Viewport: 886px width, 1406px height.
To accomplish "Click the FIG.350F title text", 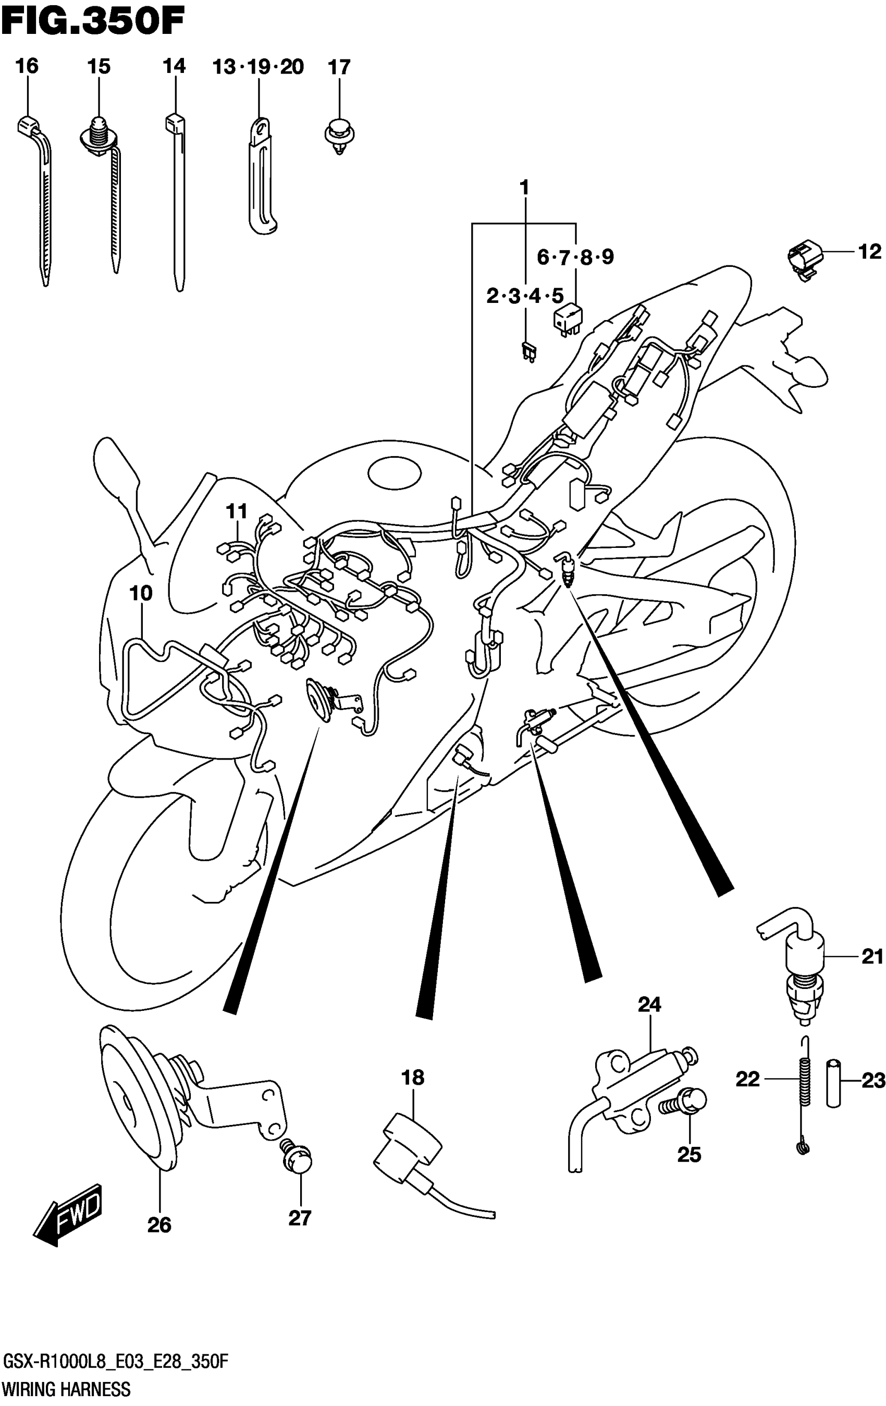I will click(x=93, y=22).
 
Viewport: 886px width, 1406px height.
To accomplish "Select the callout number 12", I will click(x=869, y=252).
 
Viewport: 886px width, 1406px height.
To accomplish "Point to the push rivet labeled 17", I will click(x=339, y=135).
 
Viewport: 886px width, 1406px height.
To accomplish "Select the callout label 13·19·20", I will click(x=258, y=67).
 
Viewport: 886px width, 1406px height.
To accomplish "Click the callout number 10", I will click(x=141, y=593).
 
